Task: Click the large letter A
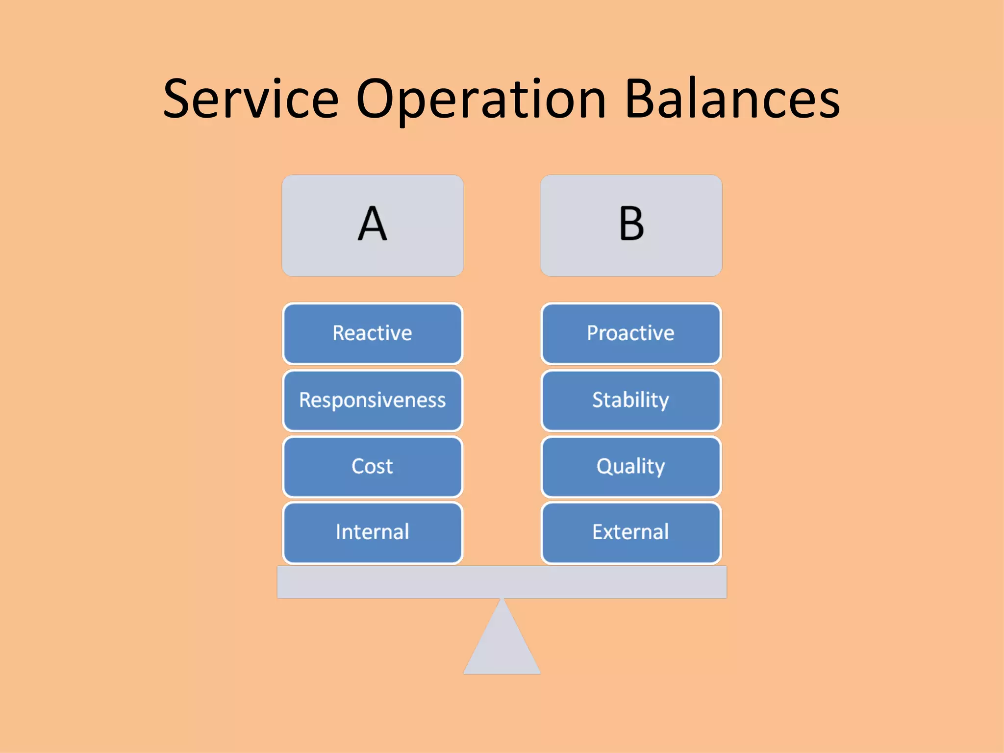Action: [373, 224]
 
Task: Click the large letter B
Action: [631, 224]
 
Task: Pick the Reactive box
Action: [373, 333]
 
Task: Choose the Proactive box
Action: [631, 333]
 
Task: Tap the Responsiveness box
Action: [373, 400]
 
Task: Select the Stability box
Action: [631, 400]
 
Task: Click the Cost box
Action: [373, 466]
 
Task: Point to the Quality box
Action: [631, 466]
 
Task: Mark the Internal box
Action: [373, 532]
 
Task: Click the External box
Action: [631, 532]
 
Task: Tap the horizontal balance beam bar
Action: [502, 582]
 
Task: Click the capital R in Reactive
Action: [339, 333]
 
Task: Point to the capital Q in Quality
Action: [604, 466]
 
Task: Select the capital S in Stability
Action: [599, 400]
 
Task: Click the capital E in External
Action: [598, 532]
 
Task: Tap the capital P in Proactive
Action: [593, 333]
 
